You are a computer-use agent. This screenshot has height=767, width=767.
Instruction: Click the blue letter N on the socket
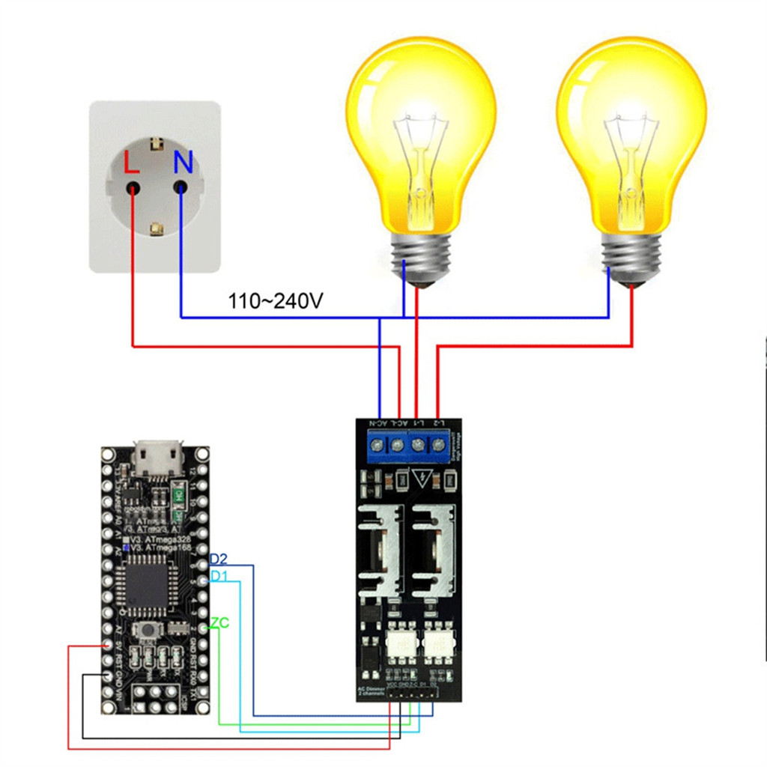(x=183, y=160)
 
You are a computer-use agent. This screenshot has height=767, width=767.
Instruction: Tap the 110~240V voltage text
(x=276, y=302)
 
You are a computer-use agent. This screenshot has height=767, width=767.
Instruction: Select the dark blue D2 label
(x=219, y=559)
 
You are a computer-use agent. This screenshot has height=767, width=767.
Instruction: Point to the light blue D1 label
(x=218, y=576)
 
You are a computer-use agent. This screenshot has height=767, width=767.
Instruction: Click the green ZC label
(x=219, y=622)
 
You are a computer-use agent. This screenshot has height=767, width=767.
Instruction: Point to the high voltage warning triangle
(x=423, y=477)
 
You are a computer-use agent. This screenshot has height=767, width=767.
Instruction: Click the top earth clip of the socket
(x=157, y=144)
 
